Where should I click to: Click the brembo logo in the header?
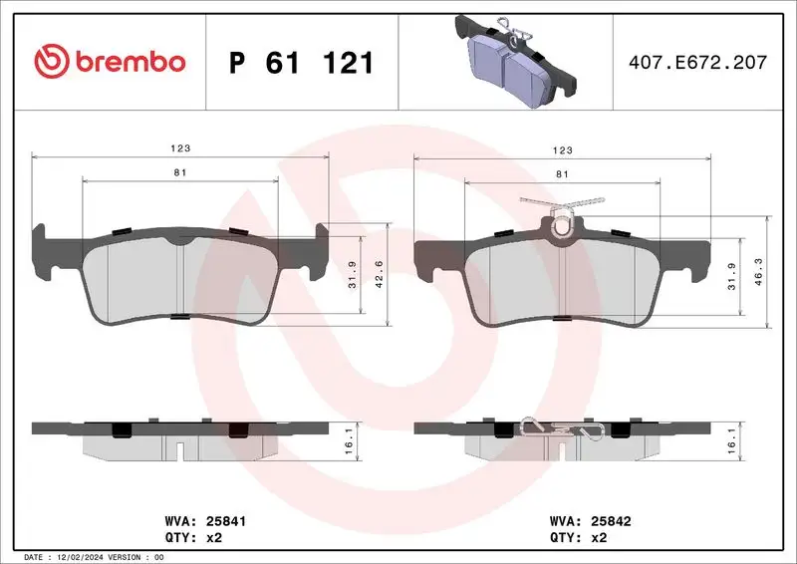[x=109, y=62]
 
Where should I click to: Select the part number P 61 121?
[x=302, y=63]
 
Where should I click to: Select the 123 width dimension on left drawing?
[x=180, y=147]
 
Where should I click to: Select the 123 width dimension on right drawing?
[x=562, y=149]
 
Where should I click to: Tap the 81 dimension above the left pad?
[x=180, y=172]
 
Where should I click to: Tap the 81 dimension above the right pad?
[x=562, y=174]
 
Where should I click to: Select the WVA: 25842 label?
[x=590, y=520]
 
